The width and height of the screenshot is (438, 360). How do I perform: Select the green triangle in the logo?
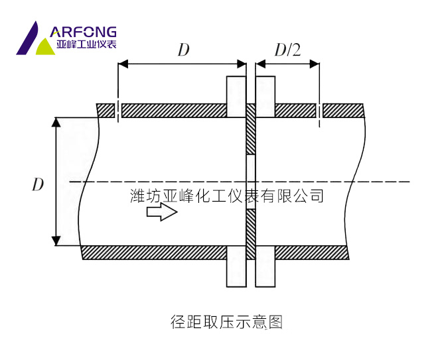pyautogui.click(x=45, y=47)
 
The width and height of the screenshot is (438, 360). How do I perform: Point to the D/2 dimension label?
pyautogui.click(x=288, y=50)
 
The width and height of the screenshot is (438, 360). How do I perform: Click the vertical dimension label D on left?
pyautogui.click(x=38, y=184)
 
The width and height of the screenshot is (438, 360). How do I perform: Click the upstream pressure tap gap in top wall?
pyautogui.click(x=118, y=110)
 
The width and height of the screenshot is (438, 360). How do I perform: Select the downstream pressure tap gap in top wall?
pyautogui.click(x=319, y=110)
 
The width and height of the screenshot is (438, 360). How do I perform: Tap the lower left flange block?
pyautogui.click(x=236, y=267)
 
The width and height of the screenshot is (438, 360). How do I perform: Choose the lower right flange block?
pyautogui.click(x=265, y=267)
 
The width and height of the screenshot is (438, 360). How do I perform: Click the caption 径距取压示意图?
pyautogui.click(x=226, y=323)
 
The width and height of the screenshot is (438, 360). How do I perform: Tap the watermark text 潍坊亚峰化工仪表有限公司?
pyautogui.click(x=227, y=196)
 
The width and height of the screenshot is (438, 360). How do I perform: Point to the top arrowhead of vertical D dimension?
pyautogui.click(x=57, y=123)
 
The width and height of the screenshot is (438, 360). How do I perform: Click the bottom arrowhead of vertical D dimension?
pyautogui.click(x=57, y=241)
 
